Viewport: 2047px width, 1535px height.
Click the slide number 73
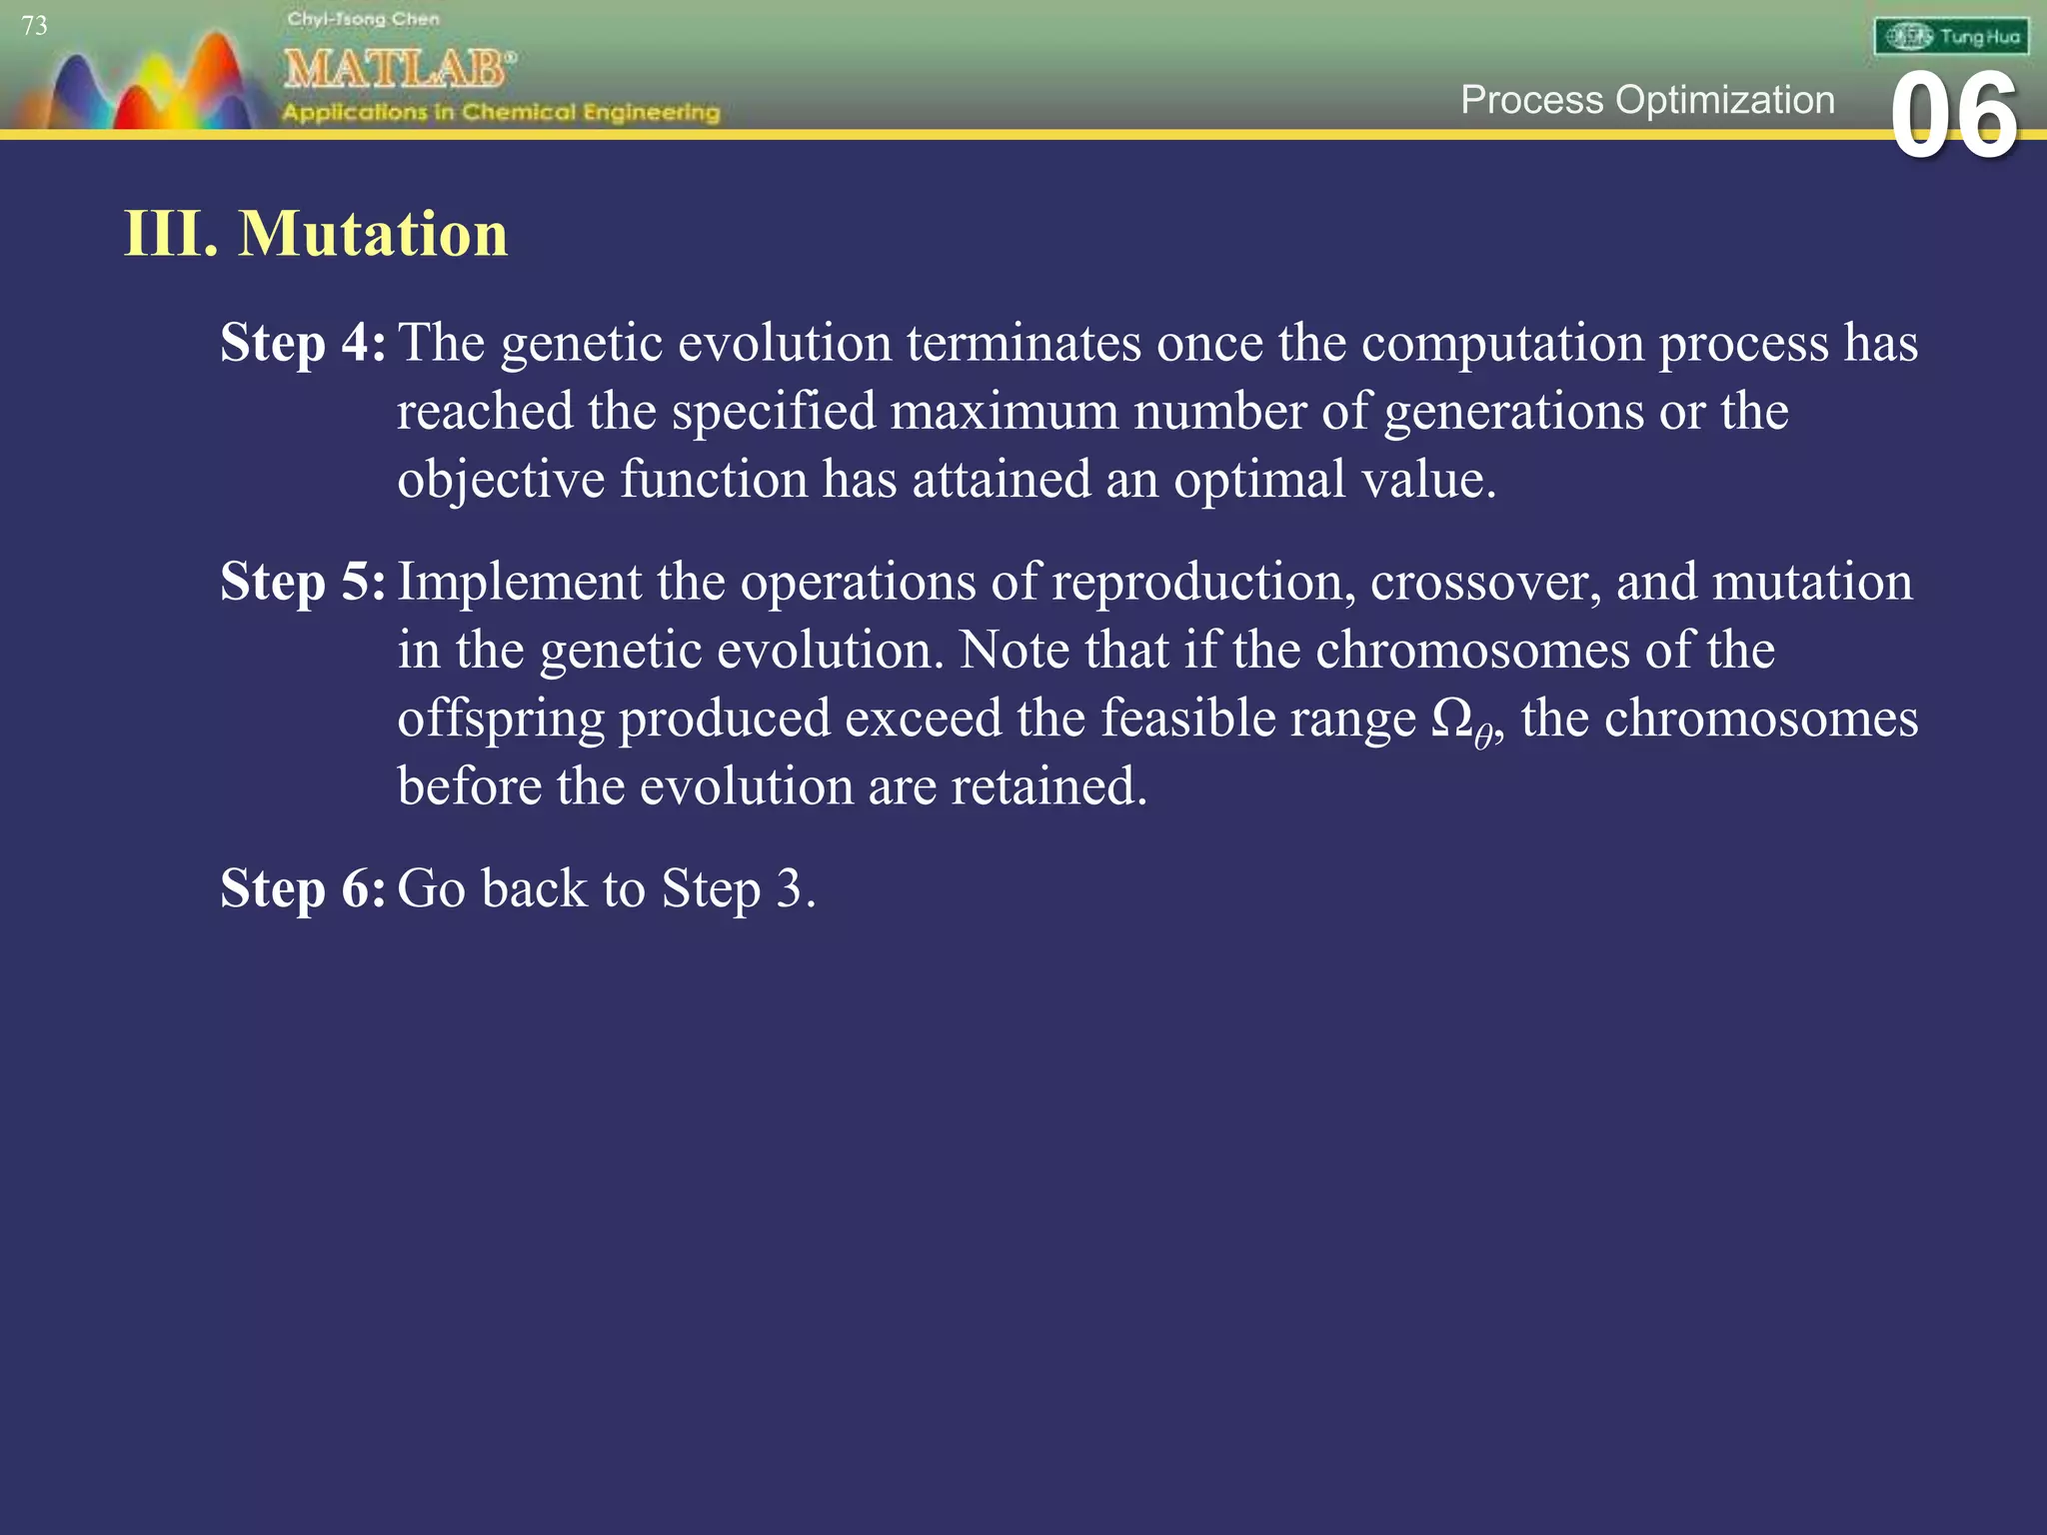point(34,26)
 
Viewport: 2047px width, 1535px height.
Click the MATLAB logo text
point(399,69)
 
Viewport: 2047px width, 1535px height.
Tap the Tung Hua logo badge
point(1951,37)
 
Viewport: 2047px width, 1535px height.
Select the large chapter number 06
point(1954,118)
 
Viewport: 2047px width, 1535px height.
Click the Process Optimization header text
point(1647,100)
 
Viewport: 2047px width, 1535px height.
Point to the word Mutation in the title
point(373,234)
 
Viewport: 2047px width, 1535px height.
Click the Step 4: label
point(302,343)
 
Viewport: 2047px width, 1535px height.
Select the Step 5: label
point(302,582)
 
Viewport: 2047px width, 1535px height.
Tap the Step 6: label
point(302,888)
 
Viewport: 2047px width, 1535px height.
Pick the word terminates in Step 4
point(1023,343)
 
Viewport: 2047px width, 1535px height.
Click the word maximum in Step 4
point(1004,412)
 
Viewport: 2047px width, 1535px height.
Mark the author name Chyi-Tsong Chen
point(363,19)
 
